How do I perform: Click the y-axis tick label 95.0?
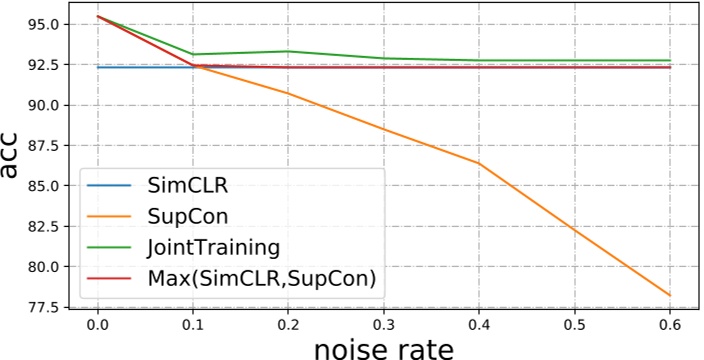[40, 24]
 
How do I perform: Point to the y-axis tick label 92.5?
[40, 64]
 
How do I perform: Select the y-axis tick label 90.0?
[40, 105]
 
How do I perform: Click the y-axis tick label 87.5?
[40, 145]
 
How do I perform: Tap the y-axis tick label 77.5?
[40, 307]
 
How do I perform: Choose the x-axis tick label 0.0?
[97, 325]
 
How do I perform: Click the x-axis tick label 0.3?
[383, 325]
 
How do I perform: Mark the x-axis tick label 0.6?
[669, 325]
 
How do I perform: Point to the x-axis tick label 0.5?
[574, 325]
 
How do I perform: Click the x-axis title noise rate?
[384, 348]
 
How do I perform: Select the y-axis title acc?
[12, 160]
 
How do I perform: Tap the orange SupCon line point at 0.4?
[478, 163]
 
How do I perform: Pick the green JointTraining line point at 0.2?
[288, 51]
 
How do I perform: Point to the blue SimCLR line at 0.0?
[97, 67]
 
